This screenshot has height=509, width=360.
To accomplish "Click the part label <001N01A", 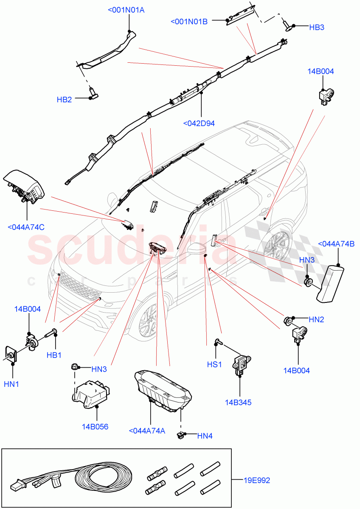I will (x=127, y=10).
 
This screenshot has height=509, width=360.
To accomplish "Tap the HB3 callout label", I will (x=317, y=27).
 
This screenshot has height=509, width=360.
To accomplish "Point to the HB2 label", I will (x=65, y=100).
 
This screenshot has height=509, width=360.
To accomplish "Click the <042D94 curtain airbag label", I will (x=199, y=123).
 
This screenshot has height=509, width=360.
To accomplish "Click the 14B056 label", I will (x=95, y=426).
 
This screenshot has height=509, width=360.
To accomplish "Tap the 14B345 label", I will (x=238, y=403).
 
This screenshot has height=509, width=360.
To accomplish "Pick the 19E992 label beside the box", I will (x=256, y=481).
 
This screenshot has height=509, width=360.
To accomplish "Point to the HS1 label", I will (x=214, y=364).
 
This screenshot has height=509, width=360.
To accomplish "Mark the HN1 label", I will (x=12, y=384).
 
